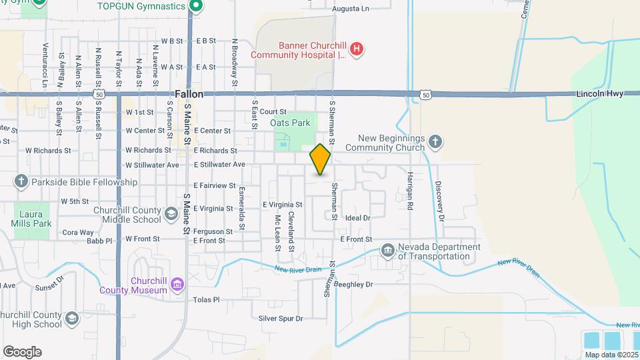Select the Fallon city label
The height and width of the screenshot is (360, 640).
[x=189, y=95]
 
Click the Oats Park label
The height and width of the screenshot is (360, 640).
[x=290, y=123]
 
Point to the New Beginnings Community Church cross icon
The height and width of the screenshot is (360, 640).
[x=435, y=141]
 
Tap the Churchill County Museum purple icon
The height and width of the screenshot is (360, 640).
[x=177, y=285]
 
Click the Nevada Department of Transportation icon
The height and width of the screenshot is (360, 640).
[x=388, y=251]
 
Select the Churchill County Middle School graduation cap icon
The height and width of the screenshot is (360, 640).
[x=171, y=213]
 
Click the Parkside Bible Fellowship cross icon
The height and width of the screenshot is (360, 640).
[x=21, y=181]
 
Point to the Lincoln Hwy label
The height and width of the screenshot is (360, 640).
[x=600, y=94]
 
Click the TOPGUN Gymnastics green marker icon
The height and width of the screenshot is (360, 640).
[x=195, y=7]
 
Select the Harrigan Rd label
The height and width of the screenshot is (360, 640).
[x=410, y=189]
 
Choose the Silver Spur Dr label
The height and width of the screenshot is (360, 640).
[x=281, y=319]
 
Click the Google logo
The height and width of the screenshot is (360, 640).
[x=22, y=352]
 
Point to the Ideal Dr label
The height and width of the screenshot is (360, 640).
[x=357, y=218]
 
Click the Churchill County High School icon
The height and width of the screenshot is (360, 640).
[x=71, y=319]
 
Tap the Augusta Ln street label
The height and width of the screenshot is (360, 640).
[x=351, y=9]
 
